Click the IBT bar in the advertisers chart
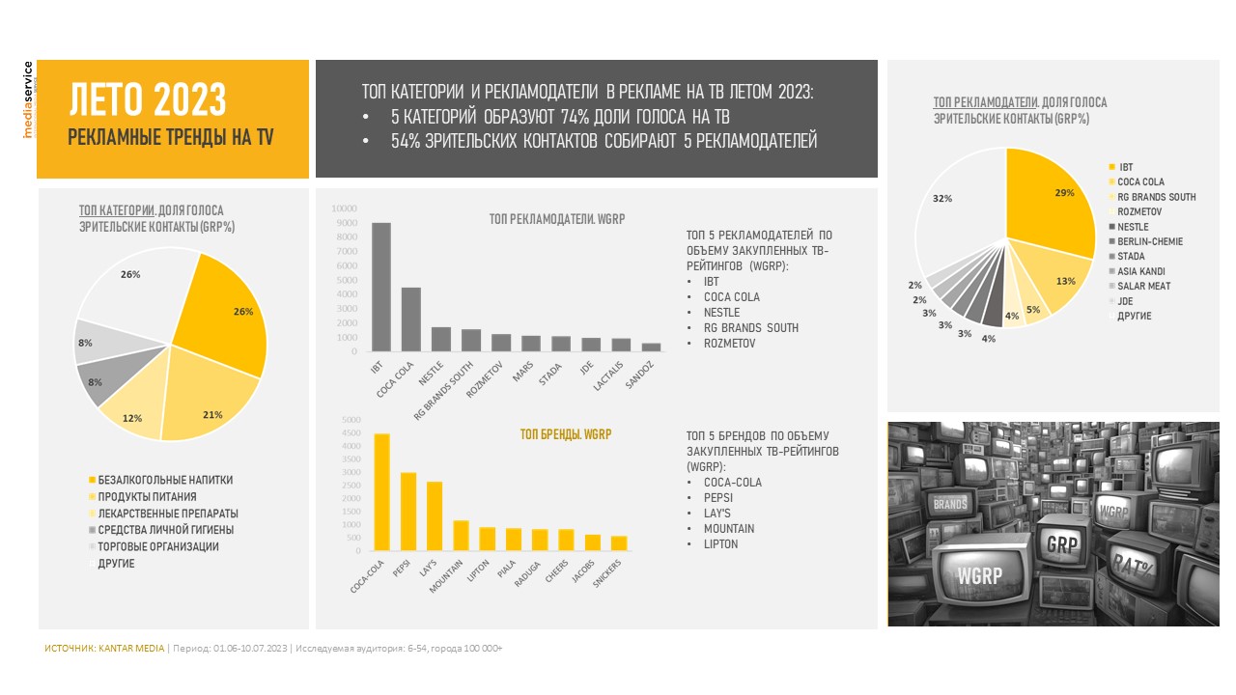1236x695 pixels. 381,287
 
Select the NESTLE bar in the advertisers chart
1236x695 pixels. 441,339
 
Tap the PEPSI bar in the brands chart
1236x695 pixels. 408,512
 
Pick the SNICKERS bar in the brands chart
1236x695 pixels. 619,543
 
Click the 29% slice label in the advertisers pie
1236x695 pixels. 1064,193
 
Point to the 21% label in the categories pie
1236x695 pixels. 212,415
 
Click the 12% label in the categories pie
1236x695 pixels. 132,418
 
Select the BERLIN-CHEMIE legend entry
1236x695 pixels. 1146,241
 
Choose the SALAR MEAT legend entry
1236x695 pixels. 1140,286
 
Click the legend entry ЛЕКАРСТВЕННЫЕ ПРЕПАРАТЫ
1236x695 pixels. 163,514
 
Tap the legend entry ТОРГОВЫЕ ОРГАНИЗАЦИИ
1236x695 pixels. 154,546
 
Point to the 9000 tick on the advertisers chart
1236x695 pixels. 347,223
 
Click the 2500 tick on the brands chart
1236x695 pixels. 351,486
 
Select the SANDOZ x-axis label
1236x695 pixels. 639,375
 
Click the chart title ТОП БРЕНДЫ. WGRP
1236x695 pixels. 566,434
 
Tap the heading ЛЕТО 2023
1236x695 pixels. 148,99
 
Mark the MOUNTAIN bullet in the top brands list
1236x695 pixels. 728,528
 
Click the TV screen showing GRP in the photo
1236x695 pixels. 1062,545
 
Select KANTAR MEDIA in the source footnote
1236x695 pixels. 131,648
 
